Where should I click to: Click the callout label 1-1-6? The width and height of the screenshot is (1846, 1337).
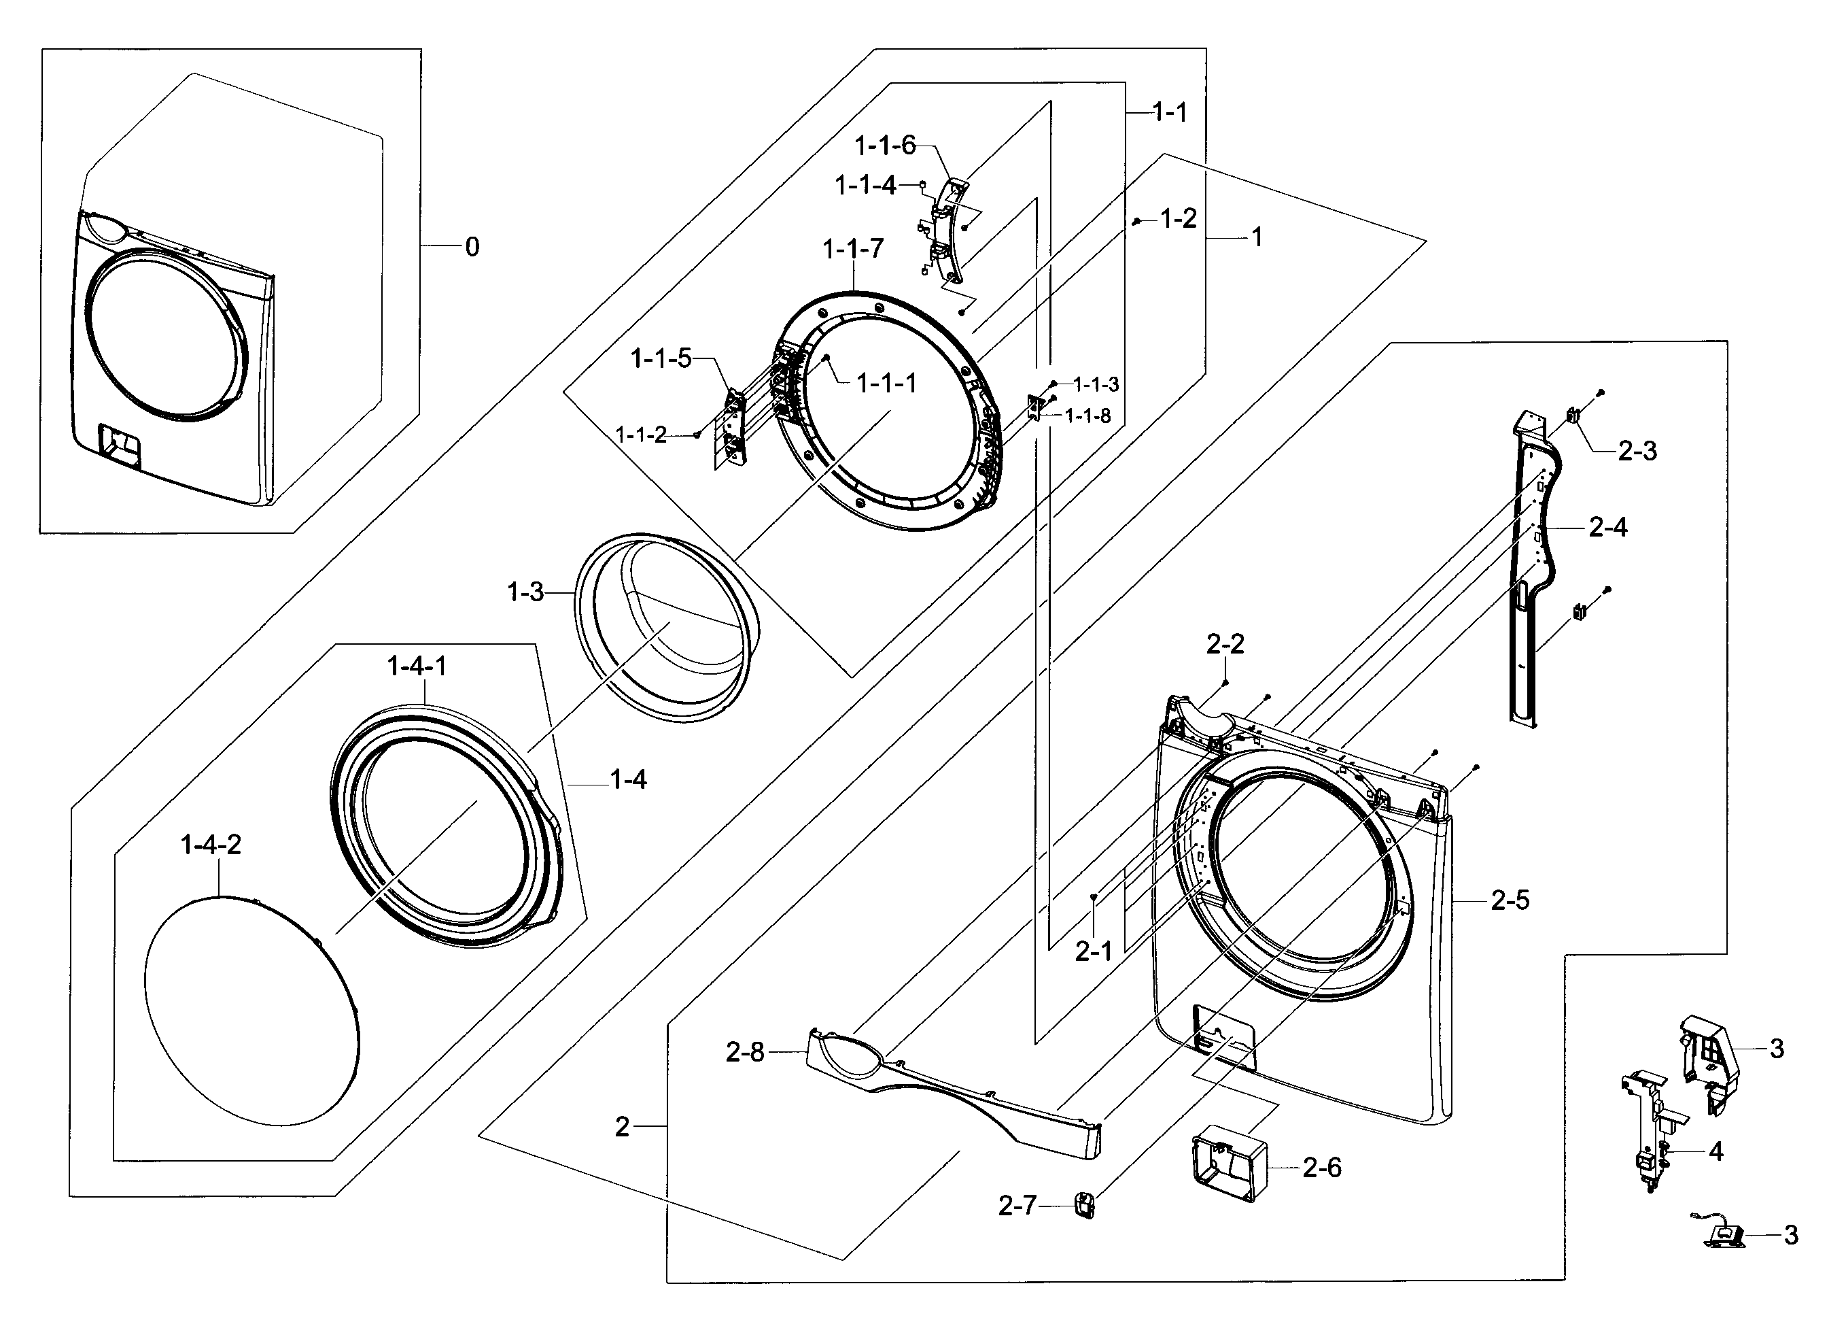[885, 146]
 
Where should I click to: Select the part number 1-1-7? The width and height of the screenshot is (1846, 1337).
[852, 248]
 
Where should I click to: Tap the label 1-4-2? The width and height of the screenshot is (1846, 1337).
[211, 845]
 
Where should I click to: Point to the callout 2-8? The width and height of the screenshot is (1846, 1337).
[745, 1052]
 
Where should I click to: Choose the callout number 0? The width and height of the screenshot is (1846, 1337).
[472, 246]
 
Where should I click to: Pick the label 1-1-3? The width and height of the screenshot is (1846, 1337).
[1096, 384]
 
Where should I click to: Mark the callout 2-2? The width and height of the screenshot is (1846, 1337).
[1225, 644]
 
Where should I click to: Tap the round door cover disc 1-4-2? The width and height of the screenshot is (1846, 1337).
[252, 1011]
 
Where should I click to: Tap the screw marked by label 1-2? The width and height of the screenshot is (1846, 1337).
[1136, 222]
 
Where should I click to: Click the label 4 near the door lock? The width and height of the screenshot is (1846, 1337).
[1716, 1151]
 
